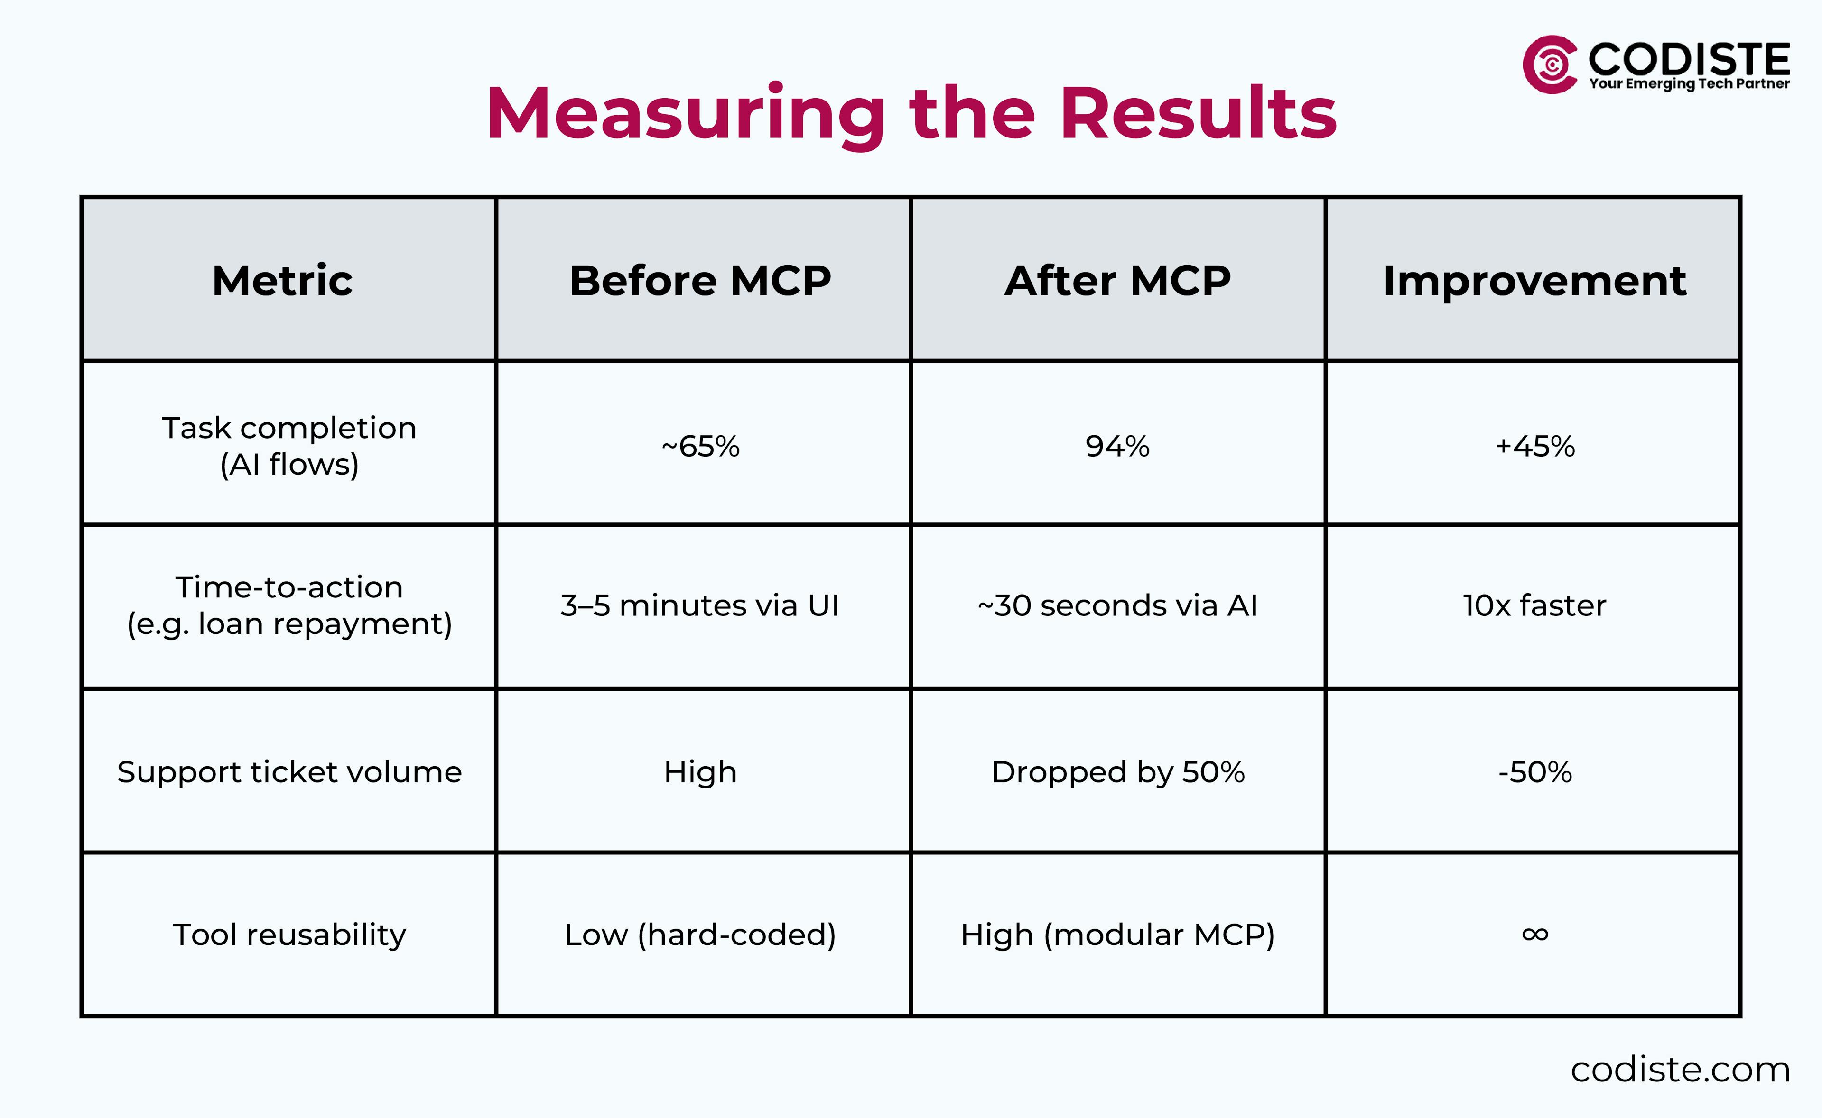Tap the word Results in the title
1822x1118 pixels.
[1199, 115]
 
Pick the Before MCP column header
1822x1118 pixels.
[700, 281]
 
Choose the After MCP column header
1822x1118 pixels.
[1117, 281]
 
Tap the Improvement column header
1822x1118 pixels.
[1534, 281]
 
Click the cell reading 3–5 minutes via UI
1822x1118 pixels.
[700, 605]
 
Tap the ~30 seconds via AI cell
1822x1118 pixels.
[1117, 605]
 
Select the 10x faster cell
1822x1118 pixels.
[1534, 605]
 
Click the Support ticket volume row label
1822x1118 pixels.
[289, 772]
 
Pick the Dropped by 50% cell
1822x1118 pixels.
[1117, 772]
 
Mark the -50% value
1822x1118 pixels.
[1534, 772]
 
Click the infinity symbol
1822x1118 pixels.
[1534, 935]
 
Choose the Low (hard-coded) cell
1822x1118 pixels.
[700, 935]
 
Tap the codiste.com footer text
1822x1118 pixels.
[1679, 1070]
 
